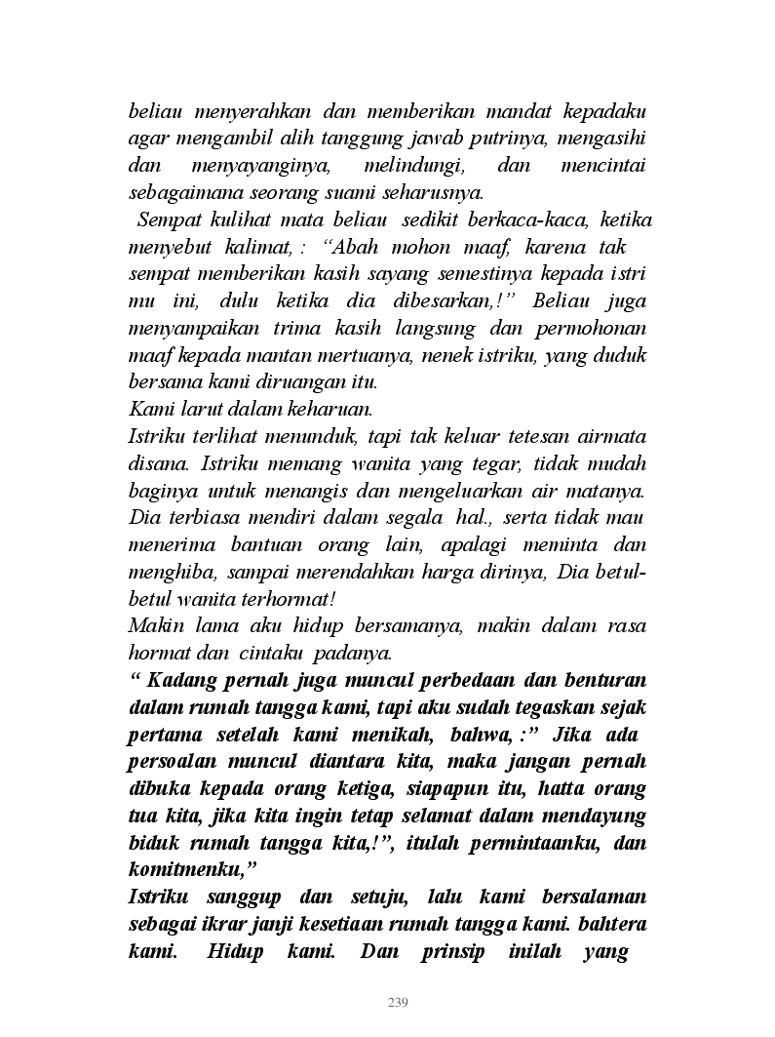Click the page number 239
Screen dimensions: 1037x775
point(397,1002)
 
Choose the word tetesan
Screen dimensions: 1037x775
point(506,436)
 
